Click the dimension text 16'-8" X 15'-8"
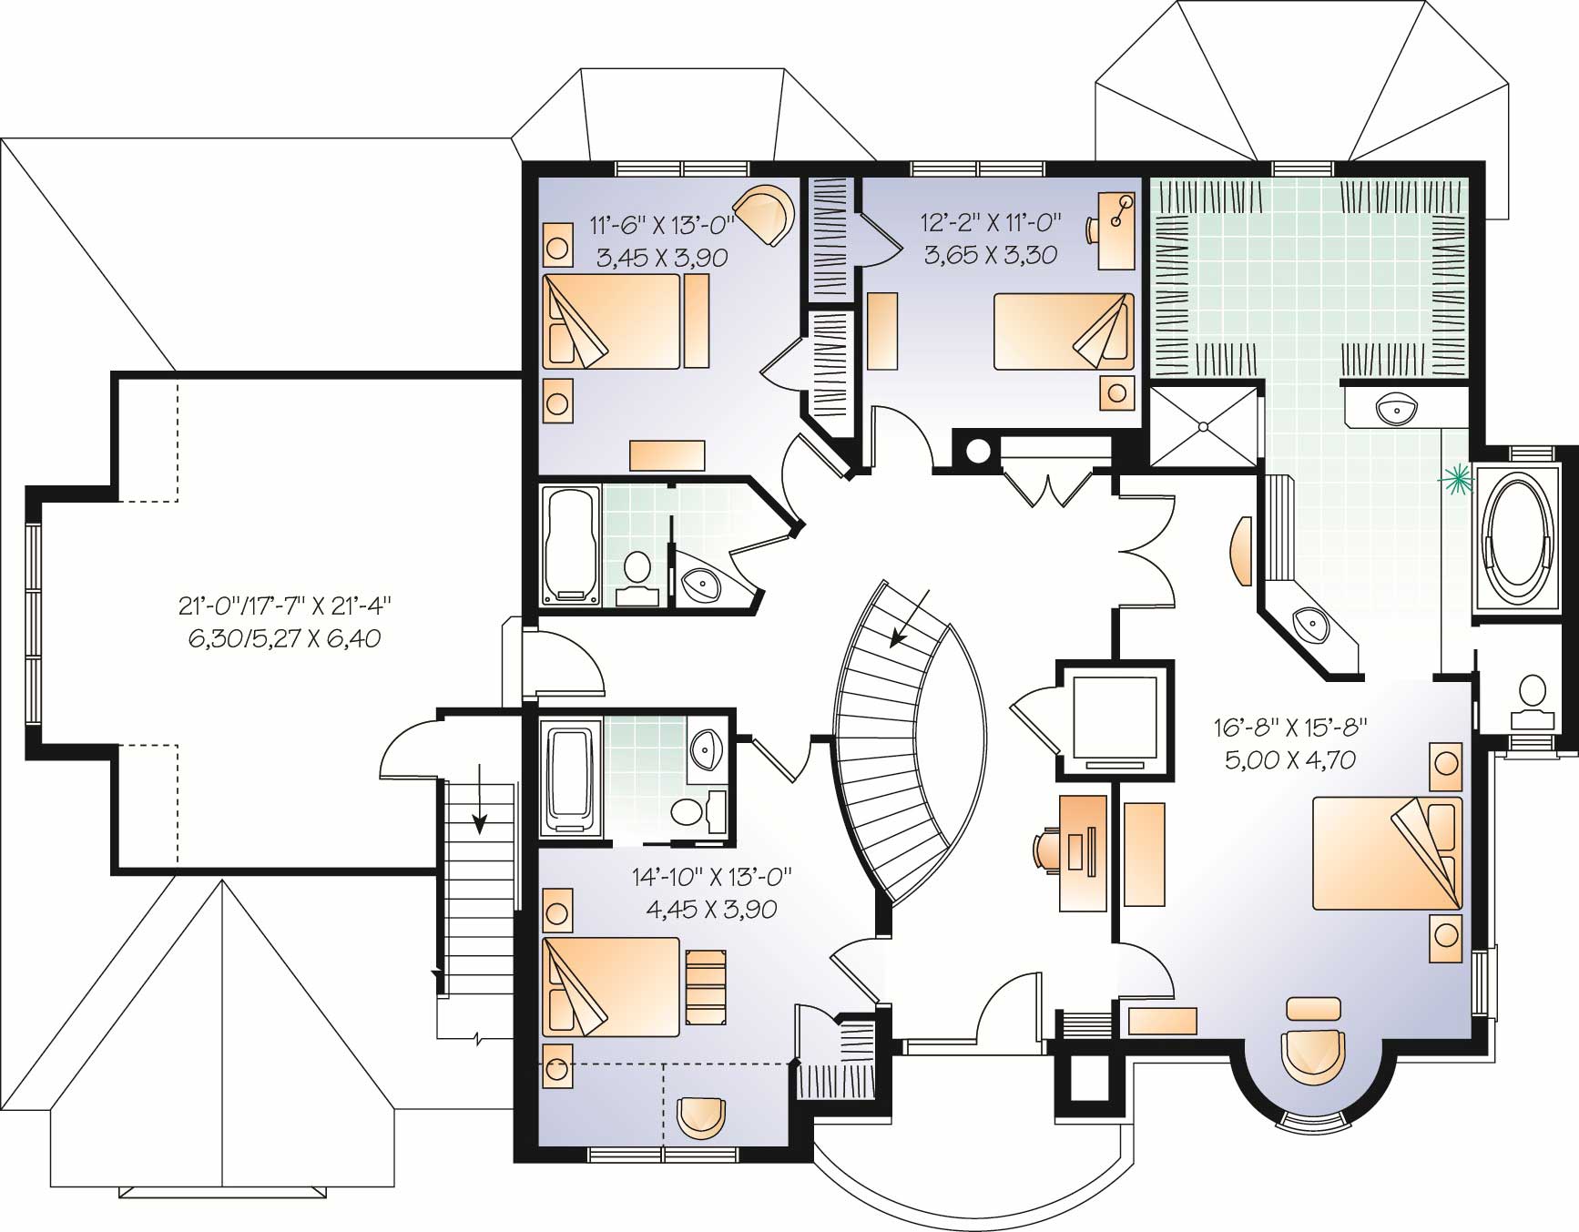(1290, 726)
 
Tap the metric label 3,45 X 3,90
(662, 258)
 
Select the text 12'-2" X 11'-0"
(991, 222)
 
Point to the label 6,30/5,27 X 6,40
(284, 638)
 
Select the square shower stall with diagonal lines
(1204, 426)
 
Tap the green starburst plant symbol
(1454, 478)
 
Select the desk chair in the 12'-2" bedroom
(1094, 229)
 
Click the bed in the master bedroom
(1386, 852)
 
